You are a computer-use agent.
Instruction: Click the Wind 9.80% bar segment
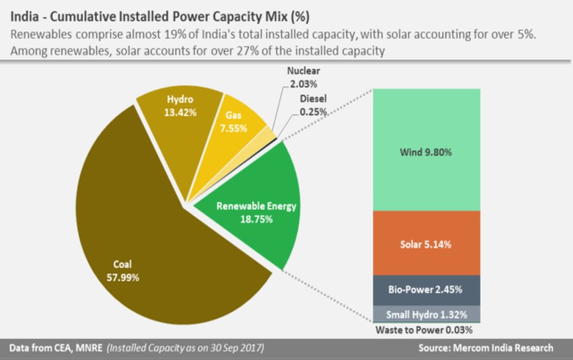tap(425, 150)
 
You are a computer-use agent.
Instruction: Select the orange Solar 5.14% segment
tap(425, 242)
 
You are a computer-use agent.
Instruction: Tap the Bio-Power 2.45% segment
tap(425, 289)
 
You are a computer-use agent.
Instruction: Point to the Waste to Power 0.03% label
tap(425, 329)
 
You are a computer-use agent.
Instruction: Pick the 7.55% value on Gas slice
tap(232, 128)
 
